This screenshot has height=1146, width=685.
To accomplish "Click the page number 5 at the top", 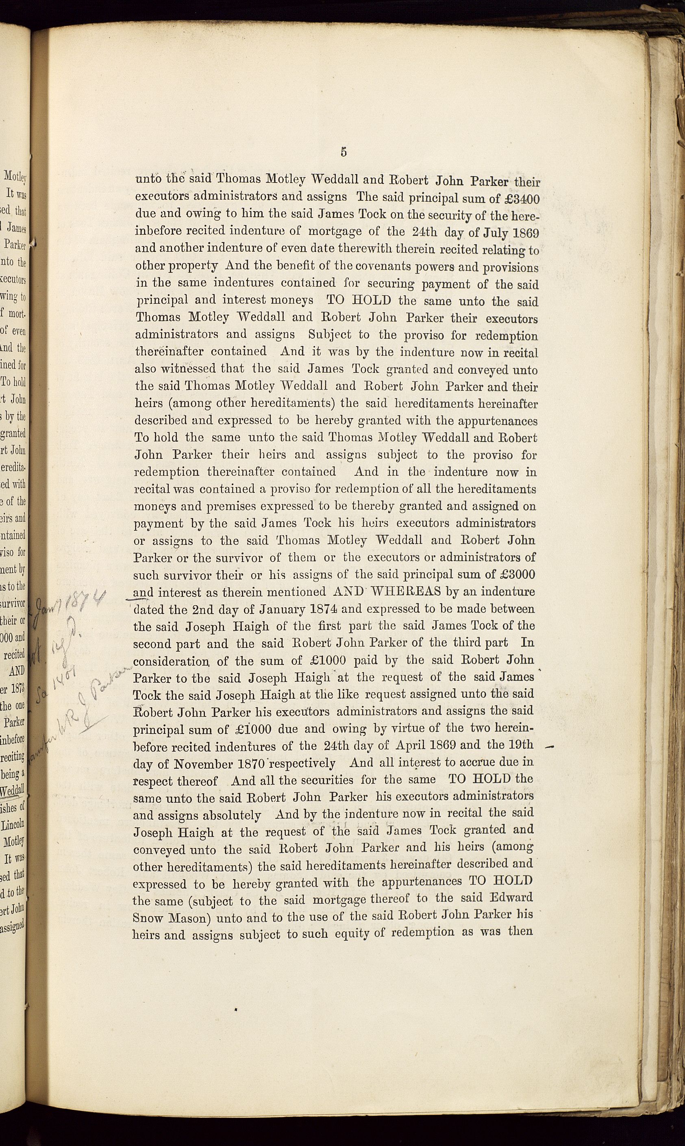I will click(343, 153).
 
